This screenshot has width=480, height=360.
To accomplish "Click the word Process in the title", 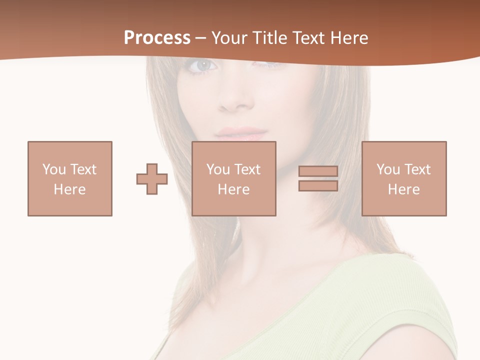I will (157, 38).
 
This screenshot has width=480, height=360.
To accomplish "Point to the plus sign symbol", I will (152, 179).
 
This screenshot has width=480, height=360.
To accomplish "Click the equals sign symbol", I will (318, 178).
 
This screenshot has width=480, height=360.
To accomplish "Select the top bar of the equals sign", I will (318, 171).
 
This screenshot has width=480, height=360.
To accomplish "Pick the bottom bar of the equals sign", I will (318, 185).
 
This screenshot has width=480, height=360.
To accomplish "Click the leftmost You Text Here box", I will (70, 178).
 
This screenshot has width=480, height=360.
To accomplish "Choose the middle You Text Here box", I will (234, 178).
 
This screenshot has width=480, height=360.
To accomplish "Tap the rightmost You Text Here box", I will (404, 178).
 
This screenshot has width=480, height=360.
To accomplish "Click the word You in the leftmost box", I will (54, 169).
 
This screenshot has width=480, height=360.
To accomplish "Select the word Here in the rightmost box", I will (404, 189).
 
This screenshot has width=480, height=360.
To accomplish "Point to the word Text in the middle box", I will (247, 169).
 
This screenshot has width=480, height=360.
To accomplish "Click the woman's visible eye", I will (203, 65).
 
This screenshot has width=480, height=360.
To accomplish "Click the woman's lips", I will (242, 134).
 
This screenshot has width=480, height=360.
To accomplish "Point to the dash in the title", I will (201, 38).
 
